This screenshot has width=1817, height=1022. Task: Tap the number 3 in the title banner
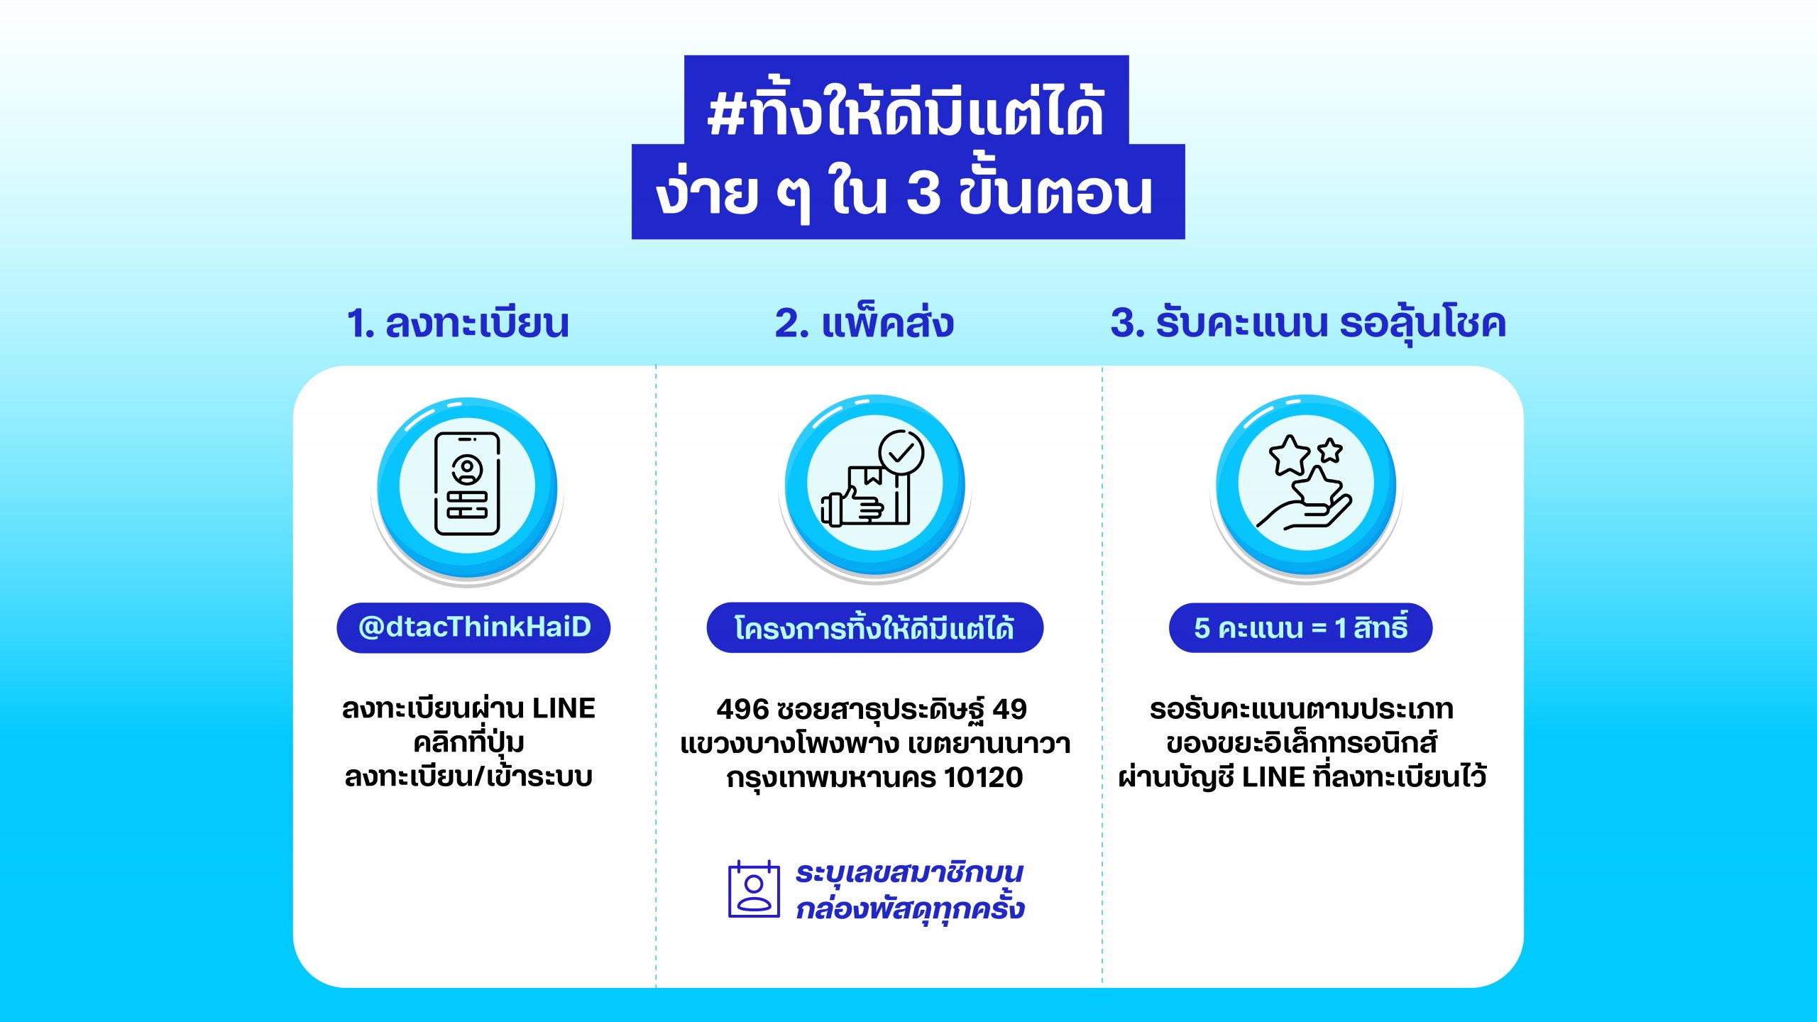pyautogui.click(x=924, y=193)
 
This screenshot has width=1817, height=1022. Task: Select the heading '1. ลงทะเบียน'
pyautogui.click(x=458, y=323)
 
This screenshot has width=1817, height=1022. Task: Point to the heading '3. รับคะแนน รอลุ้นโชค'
pyautogui.click(x=1308, y=323)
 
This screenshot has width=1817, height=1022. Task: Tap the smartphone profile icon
pyautogui.click(x=467, y=484)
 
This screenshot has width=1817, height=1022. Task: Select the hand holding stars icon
pyautogui.click(x=1305, y=484)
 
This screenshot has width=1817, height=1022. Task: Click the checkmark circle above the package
pyautogui.click(x=901, y=452)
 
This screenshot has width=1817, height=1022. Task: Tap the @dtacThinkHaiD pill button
pyautogui.click(x=473, y=627)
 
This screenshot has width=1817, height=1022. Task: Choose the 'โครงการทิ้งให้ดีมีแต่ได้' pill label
pyautogui.click(x=874, y=627)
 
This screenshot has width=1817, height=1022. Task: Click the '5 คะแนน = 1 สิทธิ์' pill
pyautogui.click(x=1300, y=627)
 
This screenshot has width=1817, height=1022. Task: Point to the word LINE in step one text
pyautogui.click(x=564, y=708)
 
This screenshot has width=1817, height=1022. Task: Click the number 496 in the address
pyautogui.click(x=742, y=709)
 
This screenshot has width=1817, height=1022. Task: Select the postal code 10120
pyautogui.click(x=984, y=778)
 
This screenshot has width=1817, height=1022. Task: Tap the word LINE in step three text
pyautogui.click(x=1274, y=777)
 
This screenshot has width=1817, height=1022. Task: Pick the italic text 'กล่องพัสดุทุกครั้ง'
pyautogui.click(x=910, y=908)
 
